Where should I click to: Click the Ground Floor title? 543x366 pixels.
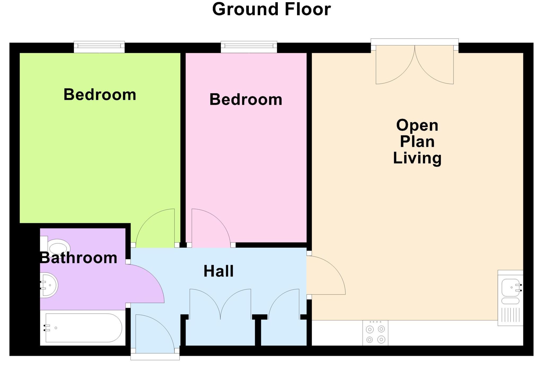[271, 10]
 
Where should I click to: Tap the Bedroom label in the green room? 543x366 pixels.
[100, 95]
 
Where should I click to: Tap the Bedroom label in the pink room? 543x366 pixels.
[246, 100]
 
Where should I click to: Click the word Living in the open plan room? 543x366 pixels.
[417, 158]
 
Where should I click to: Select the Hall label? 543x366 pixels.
[218, 271]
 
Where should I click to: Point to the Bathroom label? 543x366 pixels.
[78, 258]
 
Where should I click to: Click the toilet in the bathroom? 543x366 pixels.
[57, 247]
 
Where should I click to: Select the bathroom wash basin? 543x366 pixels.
[49, 285]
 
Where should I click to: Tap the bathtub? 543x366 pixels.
[84, 328]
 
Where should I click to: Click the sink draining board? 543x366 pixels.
[510, 315]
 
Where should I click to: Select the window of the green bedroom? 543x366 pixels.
[99, 47]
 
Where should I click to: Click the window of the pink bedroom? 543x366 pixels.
[249, 47]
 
